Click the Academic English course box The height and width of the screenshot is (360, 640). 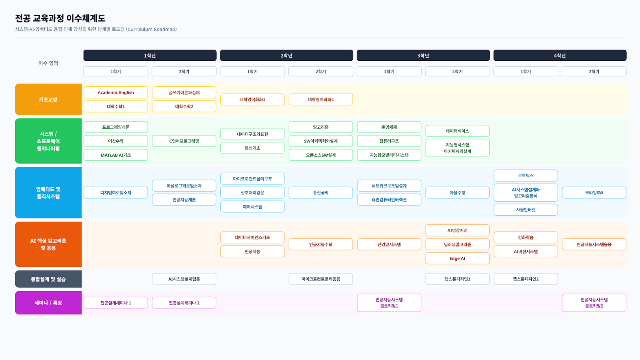(116, 92)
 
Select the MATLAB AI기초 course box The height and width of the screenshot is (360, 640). (116, 155)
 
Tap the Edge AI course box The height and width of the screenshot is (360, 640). (457, 258)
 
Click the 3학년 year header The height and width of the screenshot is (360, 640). (423, 56)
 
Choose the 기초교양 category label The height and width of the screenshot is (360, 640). (48, 100)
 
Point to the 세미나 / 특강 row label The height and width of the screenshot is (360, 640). (48, 302)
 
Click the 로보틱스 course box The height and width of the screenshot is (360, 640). (526, 176)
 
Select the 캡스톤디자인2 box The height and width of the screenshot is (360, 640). (526, 279)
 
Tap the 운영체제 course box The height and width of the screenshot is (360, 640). (389, 127)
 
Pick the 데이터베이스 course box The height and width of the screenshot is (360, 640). (457, 131)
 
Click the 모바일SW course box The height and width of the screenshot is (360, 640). (594, 192)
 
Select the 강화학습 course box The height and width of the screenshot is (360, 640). (526, 237)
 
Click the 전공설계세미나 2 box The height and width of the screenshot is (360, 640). (184, 302)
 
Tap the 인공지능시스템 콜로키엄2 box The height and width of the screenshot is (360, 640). (594, 302)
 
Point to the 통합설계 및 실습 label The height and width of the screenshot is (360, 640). (48, 279)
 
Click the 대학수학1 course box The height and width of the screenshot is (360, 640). (116, 106)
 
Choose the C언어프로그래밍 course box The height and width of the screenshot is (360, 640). (184, 141)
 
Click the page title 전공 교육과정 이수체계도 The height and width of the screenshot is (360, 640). (60, 18)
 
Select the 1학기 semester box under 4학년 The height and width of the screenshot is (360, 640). (526, 72)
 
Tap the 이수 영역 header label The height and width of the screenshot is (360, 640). (48, 63)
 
